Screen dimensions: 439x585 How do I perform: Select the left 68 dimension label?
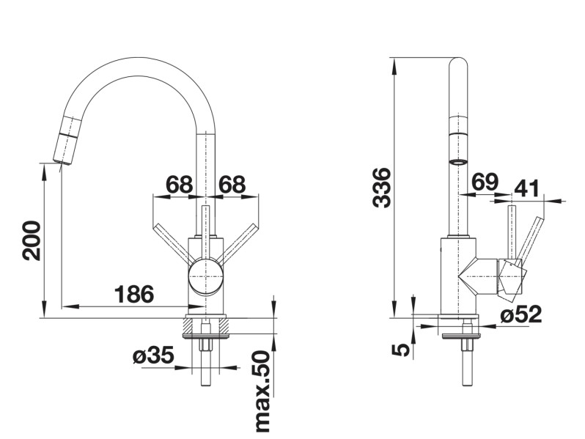179,185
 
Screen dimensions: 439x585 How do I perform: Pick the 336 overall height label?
382,188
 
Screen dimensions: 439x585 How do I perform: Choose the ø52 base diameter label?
521,315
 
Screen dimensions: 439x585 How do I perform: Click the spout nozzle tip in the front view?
59,157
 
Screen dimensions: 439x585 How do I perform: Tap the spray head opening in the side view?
459,161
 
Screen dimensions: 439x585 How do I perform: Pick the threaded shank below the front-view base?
206,359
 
